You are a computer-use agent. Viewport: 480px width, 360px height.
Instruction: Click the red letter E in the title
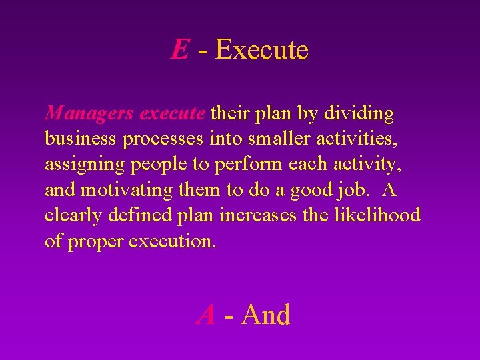(x=179, y=50)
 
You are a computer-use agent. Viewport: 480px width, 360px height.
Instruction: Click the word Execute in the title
(x=262, y=50)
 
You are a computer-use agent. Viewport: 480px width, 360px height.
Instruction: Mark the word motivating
(x=126, y=190)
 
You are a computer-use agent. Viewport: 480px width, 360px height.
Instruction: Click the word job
(x=351, y=190)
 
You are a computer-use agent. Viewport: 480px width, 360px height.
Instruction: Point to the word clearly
(x=73, y=215)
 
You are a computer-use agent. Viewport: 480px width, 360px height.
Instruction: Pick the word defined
(x=137, y=215)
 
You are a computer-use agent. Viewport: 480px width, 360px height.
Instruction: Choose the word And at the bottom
(x=266, y=315)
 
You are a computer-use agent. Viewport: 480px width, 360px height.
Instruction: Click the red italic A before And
(x=207, y=315)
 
